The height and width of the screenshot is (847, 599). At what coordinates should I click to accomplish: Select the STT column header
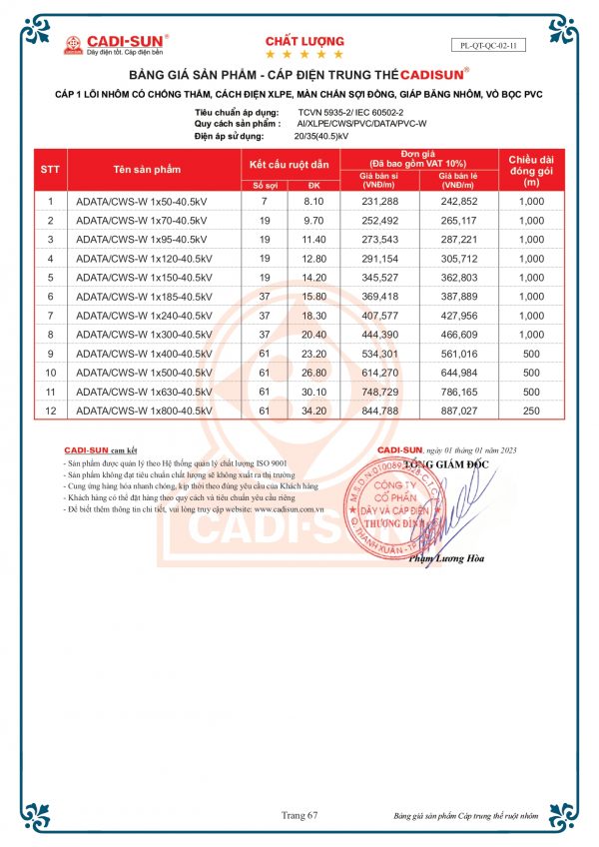51,170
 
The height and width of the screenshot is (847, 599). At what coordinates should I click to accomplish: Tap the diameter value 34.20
314,410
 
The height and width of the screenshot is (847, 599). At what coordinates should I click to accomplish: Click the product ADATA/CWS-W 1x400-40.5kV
145,353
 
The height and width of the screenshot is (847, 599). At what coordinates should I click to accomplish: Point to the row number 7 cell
51,315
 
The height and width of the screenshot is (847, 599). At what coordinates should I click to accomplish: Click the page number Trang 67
299,816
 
